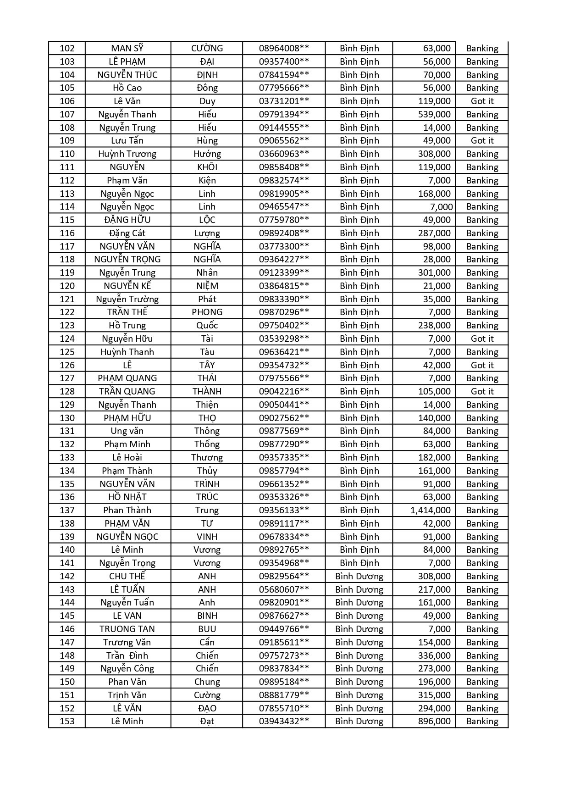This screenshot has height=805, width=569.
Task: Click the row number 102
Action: tap(67, 48)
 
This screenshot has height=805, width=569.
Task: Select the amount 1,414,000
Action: tap(431, 510)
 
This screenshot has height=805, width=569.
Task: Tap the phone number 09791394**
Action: tap(284, 114)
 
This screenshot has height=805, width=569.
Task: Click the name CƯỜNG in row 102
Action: tap(207, 48)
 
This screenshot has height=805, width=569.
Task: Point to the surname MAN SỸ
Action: tap(127, 48)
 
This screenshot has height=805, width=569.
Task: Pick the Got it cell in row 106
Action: tap(482, 101)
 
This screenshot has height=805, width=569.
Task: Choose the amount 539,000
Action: tap(434, 114)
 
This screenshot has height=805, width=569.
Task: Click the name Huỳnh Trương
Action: tap(127, 154)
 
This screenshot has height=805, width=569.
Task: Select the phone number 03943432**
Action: tap(284, 721)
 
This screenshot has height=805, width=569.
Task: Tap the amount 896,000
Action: tap(434, 721)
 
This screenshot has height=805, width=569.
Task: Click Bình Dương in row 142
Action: tap(359, 576)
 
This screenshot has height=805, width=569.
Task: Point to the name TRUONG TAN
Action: tap(127, 629)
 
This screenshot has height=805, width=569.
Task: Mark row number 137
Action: tap(67, 510)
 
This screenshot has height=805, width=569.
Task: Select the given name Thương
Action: tap(207, 457)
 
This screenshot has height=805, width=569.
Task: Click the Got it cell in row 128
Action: tap(482, 391)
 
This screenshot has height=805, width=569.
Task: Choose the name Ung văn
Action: tap(127, 431)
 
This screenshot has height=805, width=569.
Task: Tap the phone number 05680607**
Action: tap(284, 589)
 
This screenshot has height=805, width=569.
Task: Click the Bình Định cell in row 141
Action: tap(359, 563)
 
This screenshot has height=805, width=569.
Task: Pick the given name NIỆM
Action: tap(207, 286)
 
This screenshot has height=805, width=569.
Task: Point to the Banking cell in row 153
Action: tap(482, 721)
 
